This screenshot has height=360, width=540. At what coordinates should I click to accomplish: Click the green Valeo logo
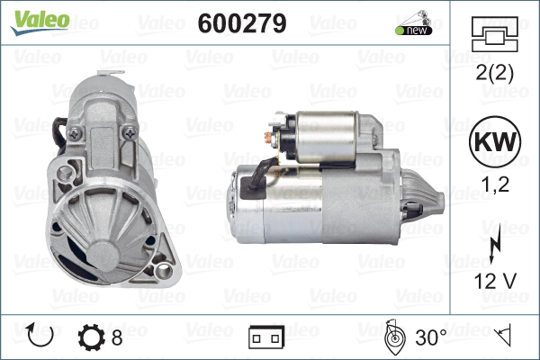click(40, 22)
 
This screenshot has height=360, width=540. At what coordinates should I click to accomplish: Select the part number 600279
click(242, 23)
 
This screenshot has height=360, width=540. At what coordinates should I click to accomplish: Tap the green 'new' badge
click(414, 30)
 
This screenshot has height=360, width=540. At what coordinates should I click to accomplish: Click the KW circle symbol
click(495, 141)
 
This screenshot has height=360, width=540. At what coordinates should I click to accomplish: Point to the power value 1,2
click(495, 184)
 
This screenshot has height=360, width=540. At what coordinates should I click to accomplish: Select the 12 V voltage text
click(495, 281)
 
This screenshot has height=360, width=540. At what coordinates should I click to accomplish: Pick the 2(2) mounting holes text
click(494, 73)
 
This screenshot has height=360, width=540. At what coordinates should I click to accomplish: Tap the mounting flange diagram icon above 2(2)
click(495, 34)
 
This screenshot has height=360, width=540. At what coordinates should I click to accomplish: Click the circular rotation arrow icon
click(40, 335)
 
